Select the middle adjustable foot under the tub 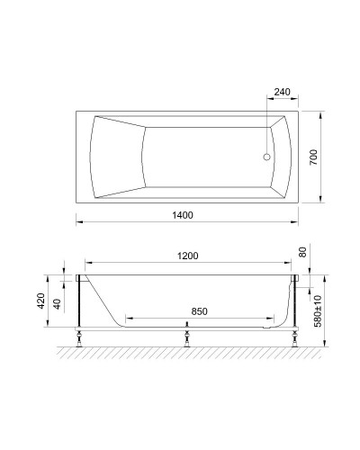point(186,340)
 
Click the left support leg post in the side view point(81,306)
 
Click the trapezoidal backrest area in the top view point(117,156)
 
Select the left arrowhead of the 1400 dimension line point(77,220)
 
